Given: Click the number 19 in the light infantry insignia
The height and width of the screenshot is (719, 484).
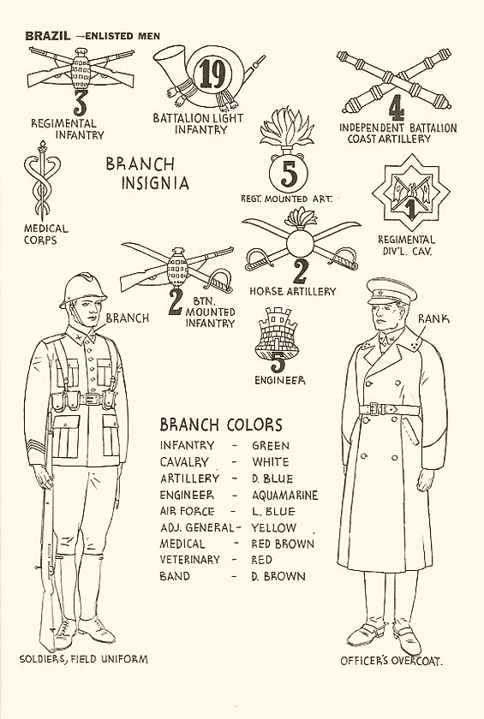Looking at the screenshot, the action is (x=212, y=74).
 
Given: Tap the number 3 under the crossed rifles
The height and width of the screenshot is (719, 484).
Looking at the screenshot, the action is (x=80, y=104).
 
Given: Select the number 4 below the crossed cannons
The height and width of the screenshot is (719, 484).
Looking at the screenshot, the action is (x=397, y=110).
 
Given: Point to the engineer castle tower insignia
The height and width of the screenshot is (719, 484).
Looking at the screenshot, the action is (x=277, y=333).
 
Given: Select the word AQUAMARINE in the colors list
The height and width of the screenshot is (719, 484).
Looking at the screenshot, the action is (x=285, y=496).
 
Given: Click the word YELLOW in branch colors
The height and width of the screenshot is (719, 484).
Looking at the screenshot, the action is (x=273, y=528).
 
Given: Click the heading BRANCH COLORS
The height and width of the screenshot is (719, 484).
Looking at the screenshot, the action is (x=221, y=425).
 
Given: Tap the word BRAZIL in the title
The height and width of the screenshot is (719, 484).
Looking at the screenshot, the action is (x=48, y=36).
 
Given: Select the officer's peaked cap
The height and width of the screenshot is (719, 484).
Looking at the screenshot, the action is (x=391, y=291).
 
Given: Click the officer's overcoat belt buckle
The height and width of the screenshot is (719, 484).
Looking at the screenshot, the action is (x=374, y=408).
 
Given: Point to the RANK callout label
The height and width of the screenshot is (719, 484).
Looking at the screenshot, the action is (x=433, y=318).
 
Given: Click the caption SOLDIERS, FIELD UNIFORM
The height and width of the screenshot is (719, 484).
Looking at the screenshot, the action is (x=83, y=659).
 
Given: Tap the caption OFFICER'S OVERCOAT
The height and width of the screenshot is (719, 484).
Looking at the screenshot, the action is (x=391, y=661).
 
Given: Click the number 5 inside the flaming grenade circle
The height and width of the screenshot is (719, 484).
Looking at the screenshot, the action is (x=289, y=175).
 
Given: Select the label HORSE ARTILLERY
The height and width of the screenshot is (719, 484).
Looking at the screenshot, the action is (x=293, y=292).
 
